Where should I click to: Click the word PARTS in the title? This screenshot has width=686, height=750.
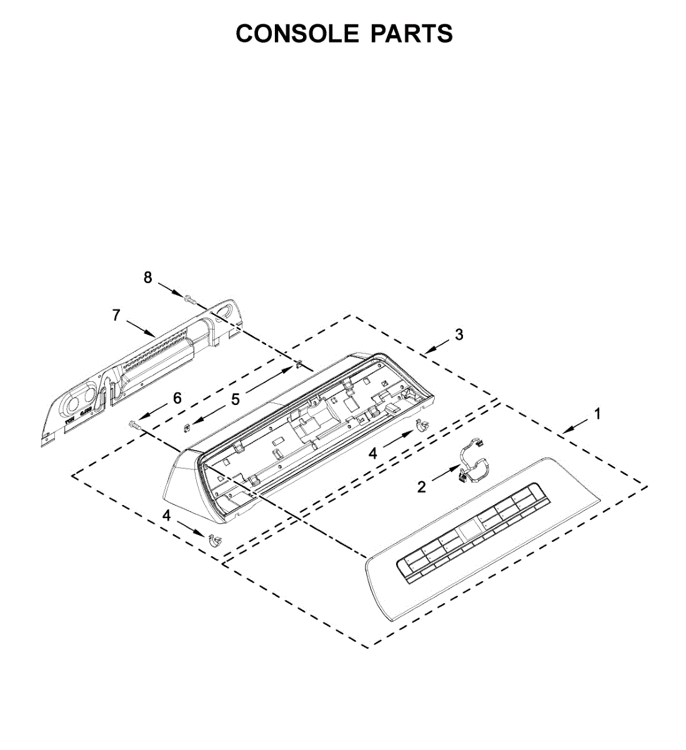coord(412,33)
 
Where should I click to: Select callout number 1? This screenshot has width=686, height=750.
coord(597,414)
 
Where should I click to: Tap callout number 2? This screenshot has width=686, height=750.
coord(422,487)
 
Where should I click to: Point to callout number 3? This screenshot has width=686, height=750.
coord(459,335)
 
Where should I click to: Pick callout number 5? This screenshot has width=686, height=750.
coord(236,399)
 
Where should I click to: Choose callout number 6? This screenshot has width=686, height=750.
coord(177,398)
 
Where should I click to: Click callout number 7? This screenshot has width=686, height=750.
coord(116,316)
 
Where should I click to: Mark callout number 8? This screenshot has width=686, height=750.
coord(147,278)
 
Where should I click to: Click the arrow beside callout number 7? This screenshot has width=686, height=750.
coord(141,327)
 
